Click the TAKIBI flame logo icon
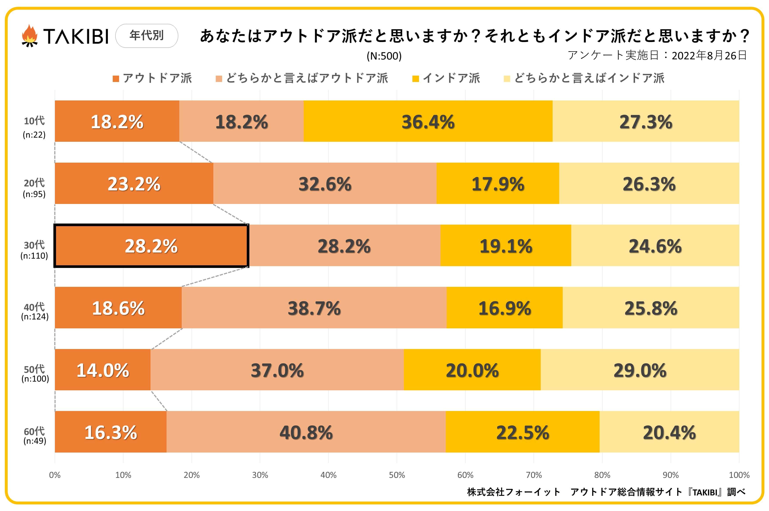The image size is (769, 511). pyautogui.click(x=29, y=36)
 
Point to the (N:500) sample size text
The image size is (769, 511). pyautogui.click(x=384, y=56)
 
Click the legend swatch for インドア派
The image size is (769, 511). pyautogui.click(x=415, y=78)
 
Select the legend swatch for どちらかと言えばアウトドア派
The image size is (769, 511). pyautogui.click(x=219, y=78)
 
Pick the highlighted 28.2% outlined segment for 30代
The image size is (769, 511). pyautogui.click(x=151, y=246)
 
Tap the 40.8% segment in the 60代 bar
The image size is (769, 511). pyautogui.click(x=306, y=432)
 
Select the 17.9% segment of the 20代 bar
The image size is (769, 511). pyautogui.click(x=498, y=184)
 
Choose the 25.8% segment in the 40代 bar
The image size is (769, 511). pyautogui.click(x=650, y=308)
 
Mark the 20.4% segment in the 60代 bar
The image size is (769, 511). pyautogui.click(x=669, y=432)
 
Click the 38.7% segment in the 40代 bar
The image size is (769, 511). pyautogui.click(x=314, y=308)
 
